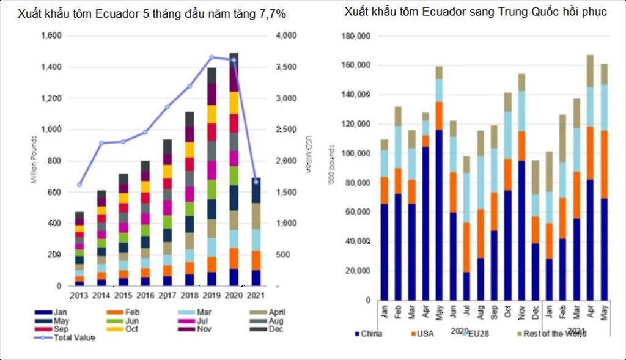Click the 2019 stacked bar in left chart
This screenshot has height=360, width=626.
click(212, 177)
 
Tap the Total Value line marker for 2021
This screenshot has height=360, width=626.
click(256, 182)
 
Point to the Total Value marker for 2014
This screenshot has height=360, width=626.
click(101, 143)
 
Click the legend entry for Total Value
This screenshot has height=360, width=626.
click(72, 338)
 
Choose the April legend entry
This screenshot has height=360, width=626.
click(272, 312)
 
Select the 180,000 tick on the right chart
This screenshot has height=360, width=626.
click(356, 36)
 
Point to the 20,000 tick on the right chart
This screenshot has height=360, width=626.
click(359, 271)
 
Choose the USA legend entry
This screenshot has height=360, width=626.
click(425, 334)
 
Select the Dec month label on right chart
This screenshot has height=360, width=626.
click(536, 310)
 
